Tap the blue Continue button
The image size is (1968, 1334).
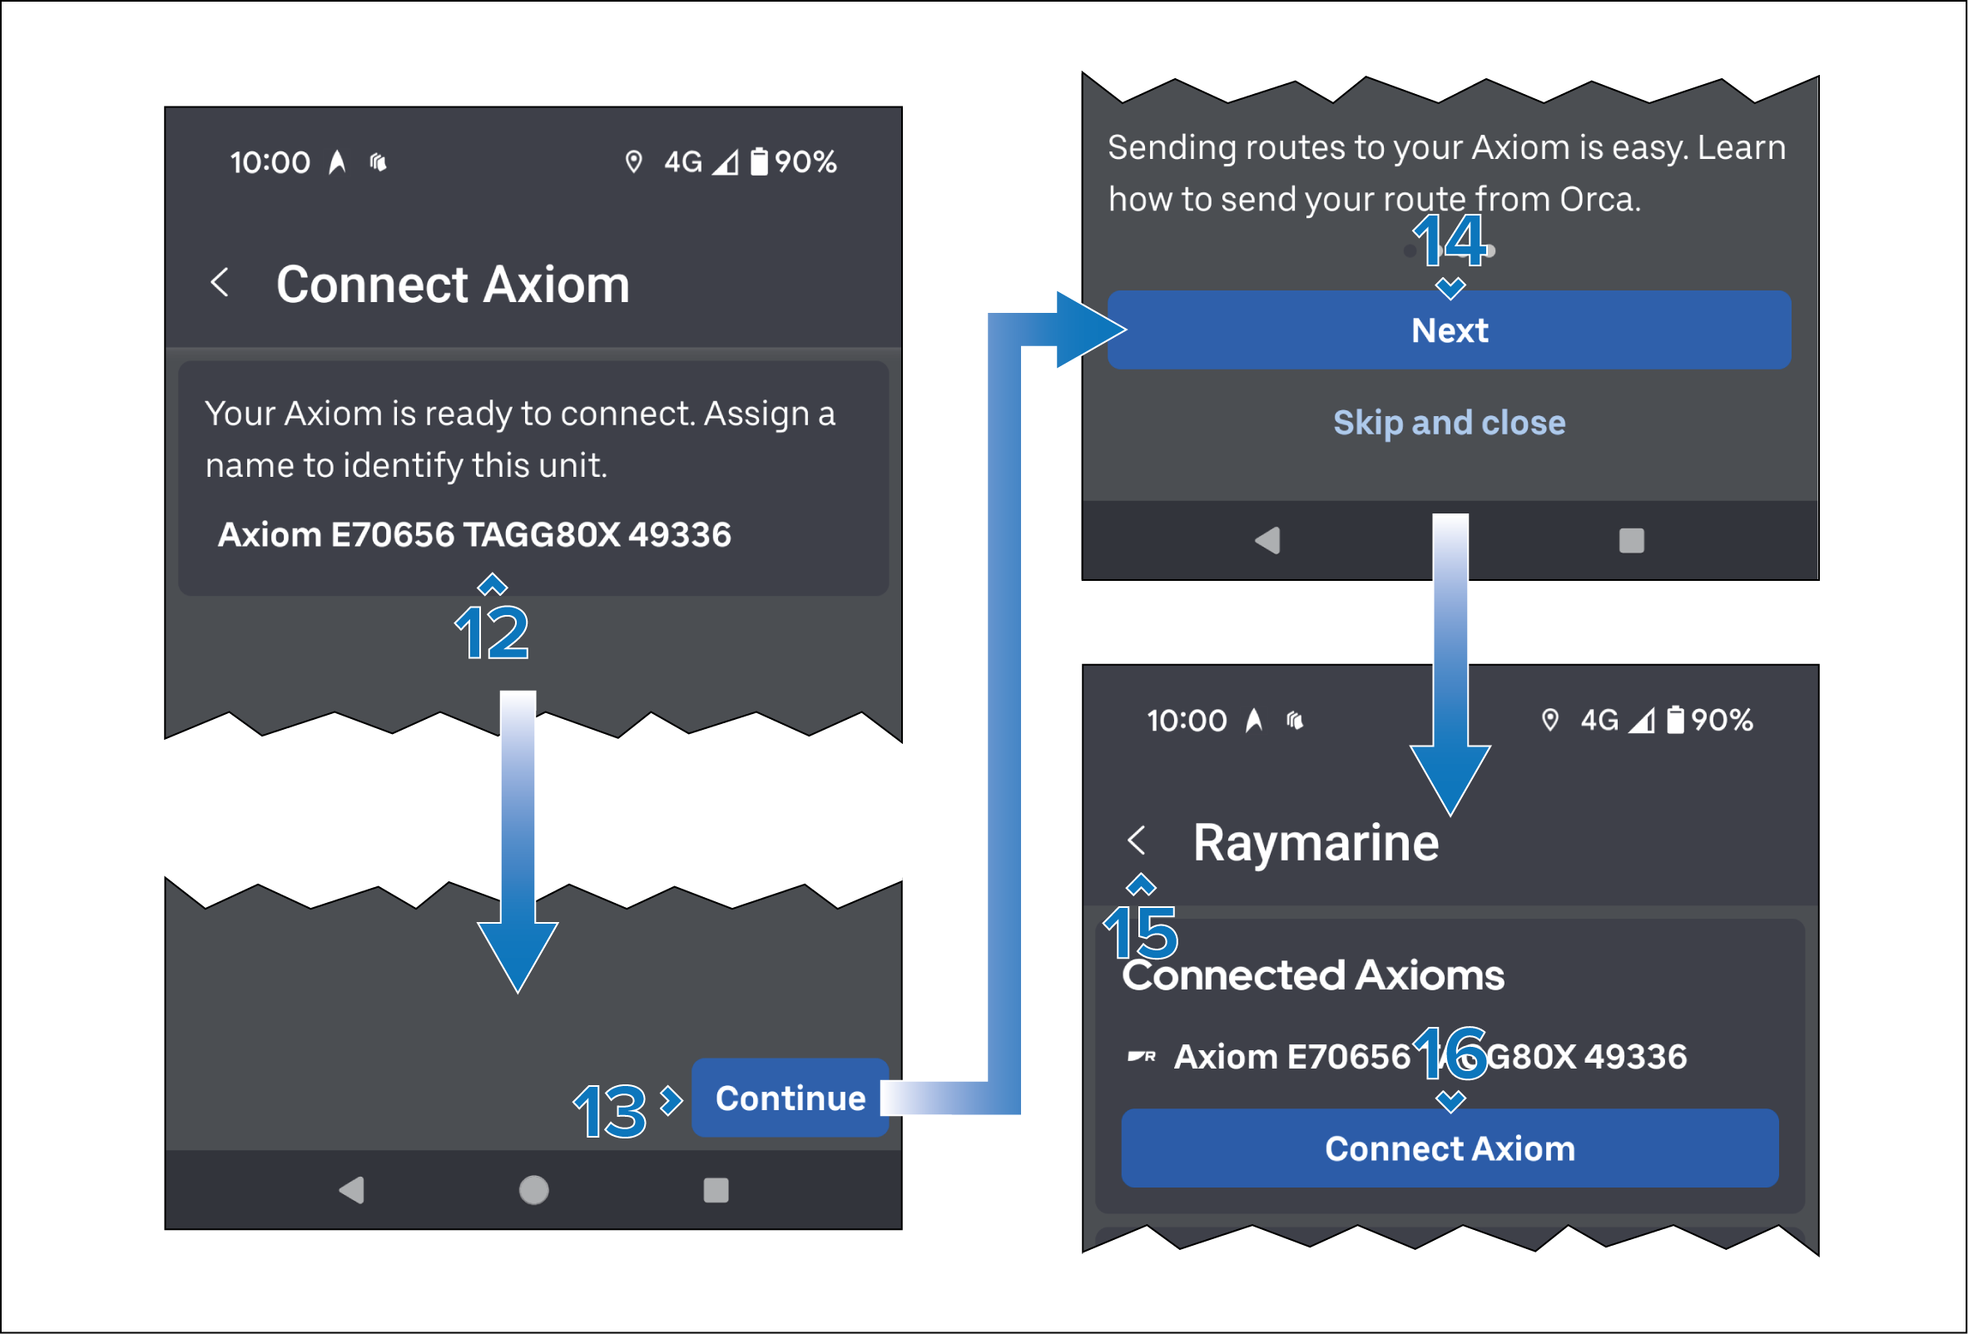pos(789,1098)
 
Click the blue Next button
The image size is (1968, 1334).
pos(1449,330)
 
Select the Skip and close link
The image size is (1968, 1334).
pos(1449,423)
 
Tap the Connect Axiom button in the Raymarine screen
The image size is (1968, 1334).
pos(1449,1148)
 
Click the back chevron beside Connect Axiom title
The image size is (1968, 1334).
pos(221,282)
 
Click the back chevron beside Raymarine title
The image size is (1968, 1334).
pos(1137,841)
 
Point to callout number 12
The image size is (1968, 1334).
pos(492,632)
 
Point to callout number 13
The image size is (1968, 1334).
pos(610,1110)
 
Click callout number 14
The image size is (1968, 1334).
pos(1450,241)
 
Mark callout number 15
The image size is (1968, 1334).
pos(1141,932)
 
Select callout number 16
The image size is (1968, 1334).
pos(1450,1053)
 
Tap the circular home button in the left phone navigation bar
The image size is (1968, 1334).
pos(533,1190)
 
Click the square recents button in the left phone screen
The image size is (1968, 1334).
pos(716,1190)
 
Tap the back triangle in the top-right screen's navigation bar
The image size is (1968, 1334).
pos(1267,540)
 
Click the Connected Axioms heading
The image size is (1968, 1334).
pos(1312,975)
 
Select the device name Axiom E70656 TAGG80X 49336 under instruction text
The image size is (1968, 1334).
pos(474,535)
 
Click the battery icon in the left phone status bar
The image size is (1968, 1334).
pos(760,161)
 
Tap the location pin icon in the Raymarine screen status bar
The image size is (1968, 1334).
pos(1549,720)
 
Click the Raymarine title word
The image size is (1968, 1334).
pos(1315,843)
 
